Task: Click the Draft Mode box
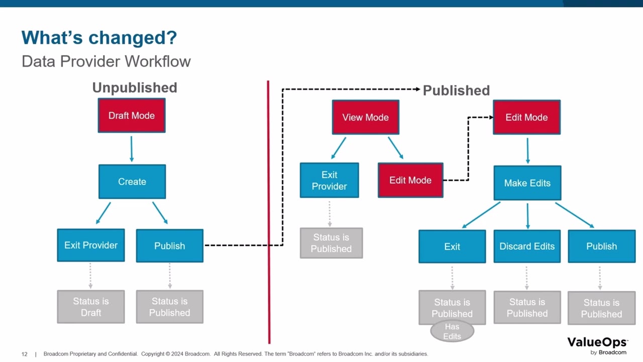132,116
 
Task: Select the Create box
132,182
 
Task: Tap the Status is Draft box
91,307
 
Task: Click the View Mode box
366,117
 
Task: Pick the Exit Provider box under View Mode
330,180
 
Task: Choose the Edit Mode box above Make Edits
526,117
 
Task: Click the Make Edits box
527,183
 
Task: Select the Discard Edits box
527,246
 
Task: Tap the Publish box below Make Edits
601,246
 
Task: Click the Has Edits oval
452,331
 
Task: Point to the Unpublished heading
135,87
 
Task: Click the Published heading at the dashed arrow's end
456,90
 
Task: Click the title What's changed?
99,38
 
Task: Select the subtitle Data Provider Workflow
106,61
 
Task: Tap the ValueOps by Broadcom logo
598,345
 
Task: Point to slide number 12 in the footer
25,354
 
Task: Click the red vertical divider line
269,211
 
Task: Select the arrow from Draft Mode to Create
132,149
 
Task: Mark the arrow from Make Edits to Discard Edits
527,216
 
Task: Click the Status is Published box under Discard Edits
527,308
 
